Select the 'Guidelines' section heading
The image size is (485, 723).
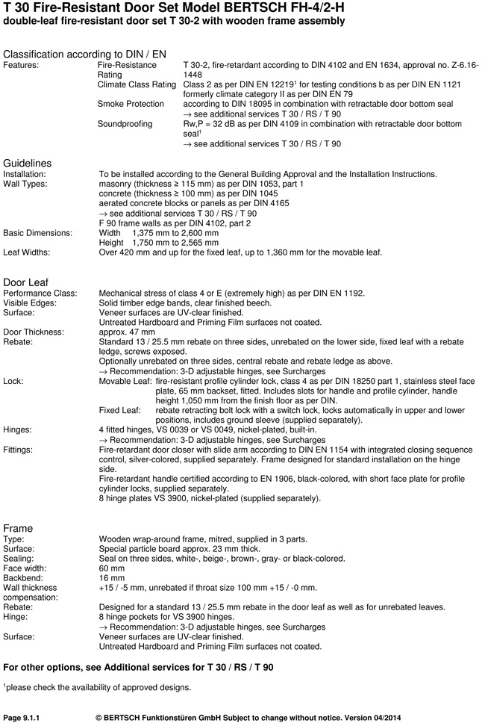tap(28, 163)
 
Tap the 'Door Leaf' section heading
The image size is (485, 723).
tap(27, 282)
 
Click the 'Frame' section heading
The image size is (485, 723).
tap(18, 528)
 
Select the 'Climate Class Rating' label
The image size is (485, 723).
tap(137, 85)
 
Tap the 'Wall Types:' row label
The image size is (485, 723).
tap(25, 184)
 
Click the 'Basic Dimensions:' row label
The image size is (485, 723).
tap(38, 232)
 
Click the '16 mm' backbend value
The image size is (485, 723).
tap(111, 577)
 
